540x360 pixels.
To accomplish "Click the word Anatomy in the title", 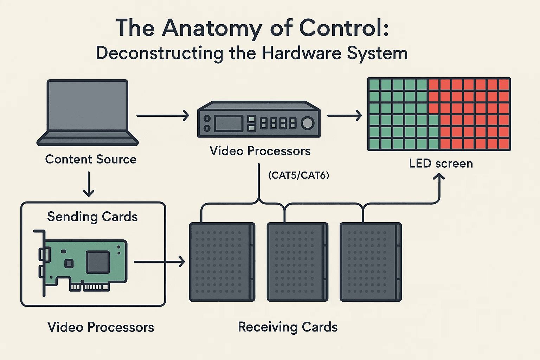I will tap(212, 28).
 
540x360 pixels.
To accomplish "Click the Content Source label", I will tap(91, 159).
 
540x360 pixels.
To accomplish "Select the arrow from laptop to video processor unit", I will tap(162, 115).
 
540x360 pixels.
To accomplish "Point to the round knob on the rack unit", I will tap(308, 123).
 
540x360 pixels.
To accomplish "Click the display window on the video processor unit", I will tap(229, 123).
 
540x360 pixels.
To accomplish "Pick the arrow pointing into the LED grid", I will tap(345, 115).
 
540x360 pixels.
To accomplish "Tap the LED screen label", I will tap(441, 163).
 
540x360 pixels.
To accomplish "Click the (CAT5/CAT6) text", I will tap(298, 175).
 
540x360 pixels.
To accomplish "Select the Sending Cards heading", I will tap(92, 217).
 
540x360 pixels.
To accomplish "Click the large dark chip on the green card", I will tap(98, 262).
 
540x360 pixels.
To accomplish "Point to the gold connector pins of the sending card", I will tap(89, 287).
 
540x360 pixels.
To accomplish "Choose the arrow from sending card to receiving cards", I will tap(159, 262).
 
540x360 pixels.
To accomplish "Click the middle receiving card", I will tap(297, 262).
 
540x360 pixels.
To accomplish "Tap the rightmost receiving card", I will tap(371, 262).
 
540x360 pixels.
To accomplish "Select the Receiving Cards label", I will tap(288, 327).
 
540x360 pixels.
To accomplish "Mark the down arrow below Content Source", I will tap(89, 184).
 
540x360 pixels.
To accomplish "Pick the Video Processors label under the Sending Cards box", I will tap(101, 327).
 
